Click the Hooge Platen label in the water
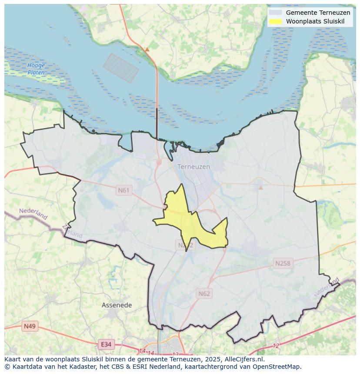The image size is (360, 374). point(36,69)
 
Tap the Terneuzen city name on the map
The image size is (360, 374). point(193,166)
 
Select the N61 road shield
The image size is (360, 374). point(124,190)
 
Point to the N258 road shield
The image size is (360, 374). point(283,263)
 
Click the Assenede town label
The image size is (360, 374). point(117,305)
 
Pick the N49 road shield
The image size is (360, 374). point(30,326)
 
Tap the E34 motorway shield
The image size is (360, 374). point(105,344)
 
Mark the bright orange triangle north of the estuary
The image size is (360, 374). point(147,50)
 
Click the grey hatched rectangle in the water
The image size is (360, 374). point(120,68)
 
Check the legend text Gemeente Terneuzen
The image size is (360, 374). point(318,13)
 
